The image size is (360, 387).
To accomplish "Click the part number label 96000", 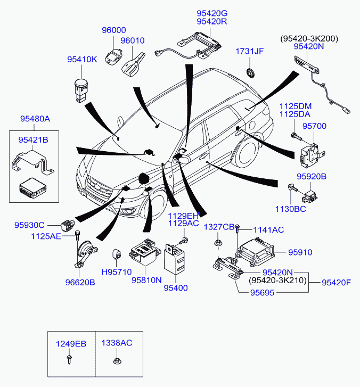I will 114,30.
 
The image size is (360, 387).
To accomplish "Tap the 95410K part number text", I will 82,60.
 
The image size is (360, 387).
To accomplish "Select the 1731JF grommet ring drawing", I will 250,72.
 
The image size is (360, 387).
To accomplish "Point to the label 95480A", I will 35,119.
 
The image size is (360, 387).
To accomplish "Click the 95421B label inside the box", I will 33,140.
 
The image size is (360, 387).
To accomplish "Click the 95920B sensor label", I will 312,176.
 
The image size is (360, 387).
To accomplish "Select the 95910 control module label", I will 300,252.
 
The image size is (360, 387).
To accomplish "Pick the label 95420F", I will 336,282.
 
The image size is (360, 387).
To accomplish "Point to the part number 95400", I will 176,288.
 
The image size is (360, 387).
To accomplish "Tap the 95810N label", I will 146,278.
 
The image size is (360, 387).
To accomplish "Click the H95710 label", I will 117,272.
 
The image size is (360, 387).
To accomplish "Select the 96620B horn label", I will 80,283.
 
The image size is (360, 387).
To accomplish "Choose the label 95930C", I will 29,226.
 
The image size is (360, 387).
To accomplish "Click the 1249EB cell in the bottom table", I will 71,344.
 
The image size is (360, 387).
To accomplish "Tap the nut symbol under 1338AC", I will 117,363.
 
